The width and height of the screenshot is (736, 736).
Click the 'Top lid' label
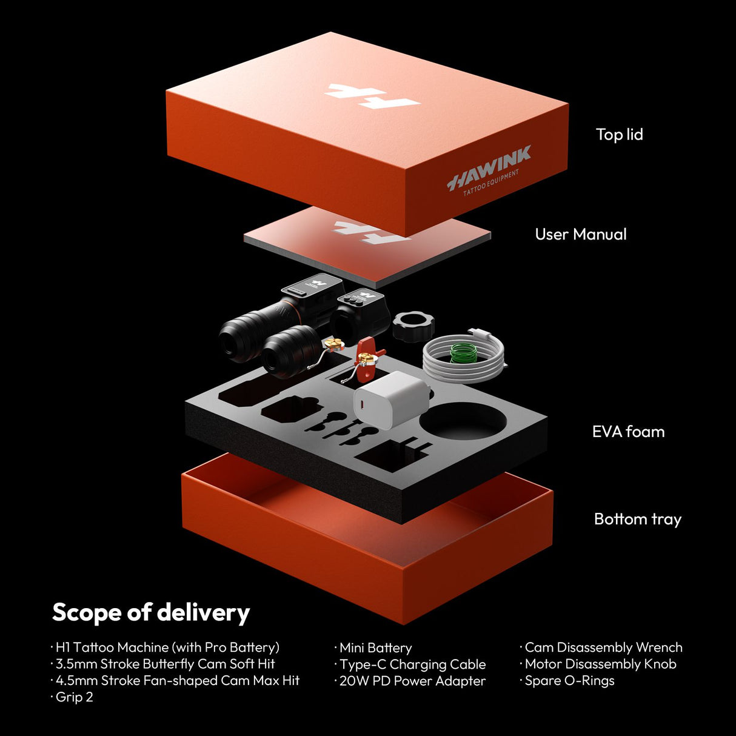tap(619, 135)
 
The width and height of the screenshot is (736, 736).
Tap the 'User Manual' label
tap(581, 234)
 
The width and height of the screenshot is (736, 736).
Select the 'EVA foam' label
tap(628, 432)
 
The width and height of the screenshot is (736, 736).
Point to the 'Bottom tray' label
tap(637, 520)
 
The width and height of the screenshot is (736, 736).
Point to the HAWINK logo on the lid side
tap(489, 169)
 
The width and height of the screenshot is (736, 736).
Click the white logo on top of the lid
tap(372, 96)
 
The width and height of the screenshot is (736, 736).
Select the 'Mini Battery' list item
tap(373, 648)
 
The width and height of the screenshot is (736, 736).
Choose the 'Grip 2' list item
tap(72, 697)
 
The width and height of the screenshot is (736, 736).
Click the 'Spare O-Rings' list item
tap(567, 681)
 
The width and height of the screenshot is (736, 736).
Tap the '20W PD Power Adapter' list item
tap(410, 681)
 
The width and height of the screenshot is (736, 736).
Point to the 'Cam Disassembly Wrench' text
tap(601, 647)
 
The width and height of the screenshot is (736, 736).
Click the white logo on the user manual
tap(371, 232)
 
